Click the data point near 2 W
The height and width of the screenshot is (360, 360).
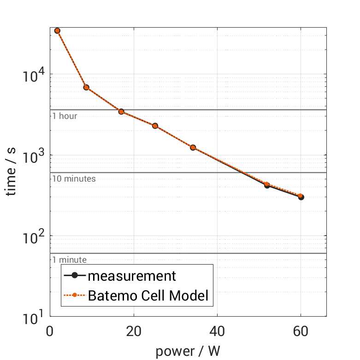point(57,30)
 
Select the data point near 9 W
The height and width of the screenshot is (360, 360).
point(86,87)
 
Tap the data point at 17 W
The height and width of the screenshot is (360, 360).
point(121,112)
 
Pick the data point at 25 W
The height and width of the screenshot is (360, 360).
point(155,126)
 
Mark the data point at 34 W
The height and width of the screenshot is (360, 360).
point(193,148)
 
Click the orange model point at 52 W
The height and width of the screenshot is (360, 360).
point(267,184)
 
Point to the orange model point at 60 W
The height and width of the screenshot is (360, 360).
point(301,196)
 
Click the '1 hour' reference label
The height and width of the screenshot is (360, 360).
point(65,116)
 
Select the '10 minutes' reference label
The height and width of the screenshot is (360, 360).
point(74,178)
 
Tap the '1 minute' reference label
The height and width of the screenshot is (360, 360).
point(69,260)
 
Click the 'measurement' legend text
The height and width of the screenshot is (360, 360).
point(132,276)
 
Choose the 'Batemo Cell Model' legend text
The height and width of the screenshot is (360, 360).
point(148,296)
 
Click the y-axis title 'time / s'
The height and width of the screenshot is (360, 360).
point(12,171)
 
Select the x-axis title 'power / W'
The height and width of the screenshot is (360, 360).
point(188,351)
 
